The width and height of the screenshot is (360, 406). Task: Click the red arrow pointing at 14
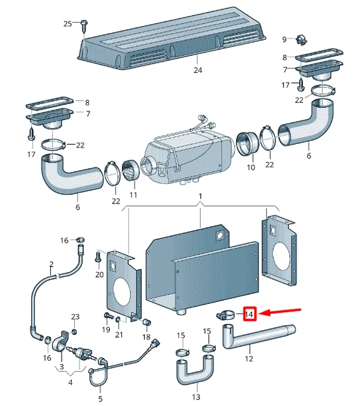280,311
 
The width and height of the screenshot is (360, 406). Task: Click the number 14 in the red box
248,315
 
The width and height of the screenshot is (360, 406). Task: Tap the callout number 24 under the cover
197,70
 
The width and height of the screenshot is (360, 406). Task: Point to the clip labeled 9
301,39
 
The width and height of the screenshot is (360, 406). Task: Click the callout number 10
251,167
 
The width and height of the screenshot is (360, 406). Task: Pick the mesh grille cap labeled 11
130,170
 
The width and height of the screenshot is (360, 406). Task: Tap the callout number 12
249,358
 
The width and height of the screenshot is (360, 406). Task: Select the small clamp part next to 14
225,315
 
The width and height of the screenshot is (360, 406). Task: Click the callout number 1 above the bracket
200,196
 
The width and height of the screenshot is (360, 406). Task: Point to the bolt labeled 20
98,256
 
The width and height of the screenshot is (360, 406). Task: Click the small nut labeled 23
74,331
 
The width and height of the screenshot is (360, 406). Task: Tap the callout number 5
100,398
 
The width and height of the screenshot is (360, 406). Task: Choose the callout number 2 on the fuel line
51,264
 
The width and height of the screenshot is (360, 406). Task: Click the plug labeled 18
147,322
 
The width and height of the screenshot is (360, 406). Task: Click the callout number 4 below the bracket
70,382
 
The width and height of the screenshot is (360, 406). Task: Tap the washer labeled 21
118,320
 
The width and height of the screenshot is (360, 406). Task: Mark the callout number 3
62,367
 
